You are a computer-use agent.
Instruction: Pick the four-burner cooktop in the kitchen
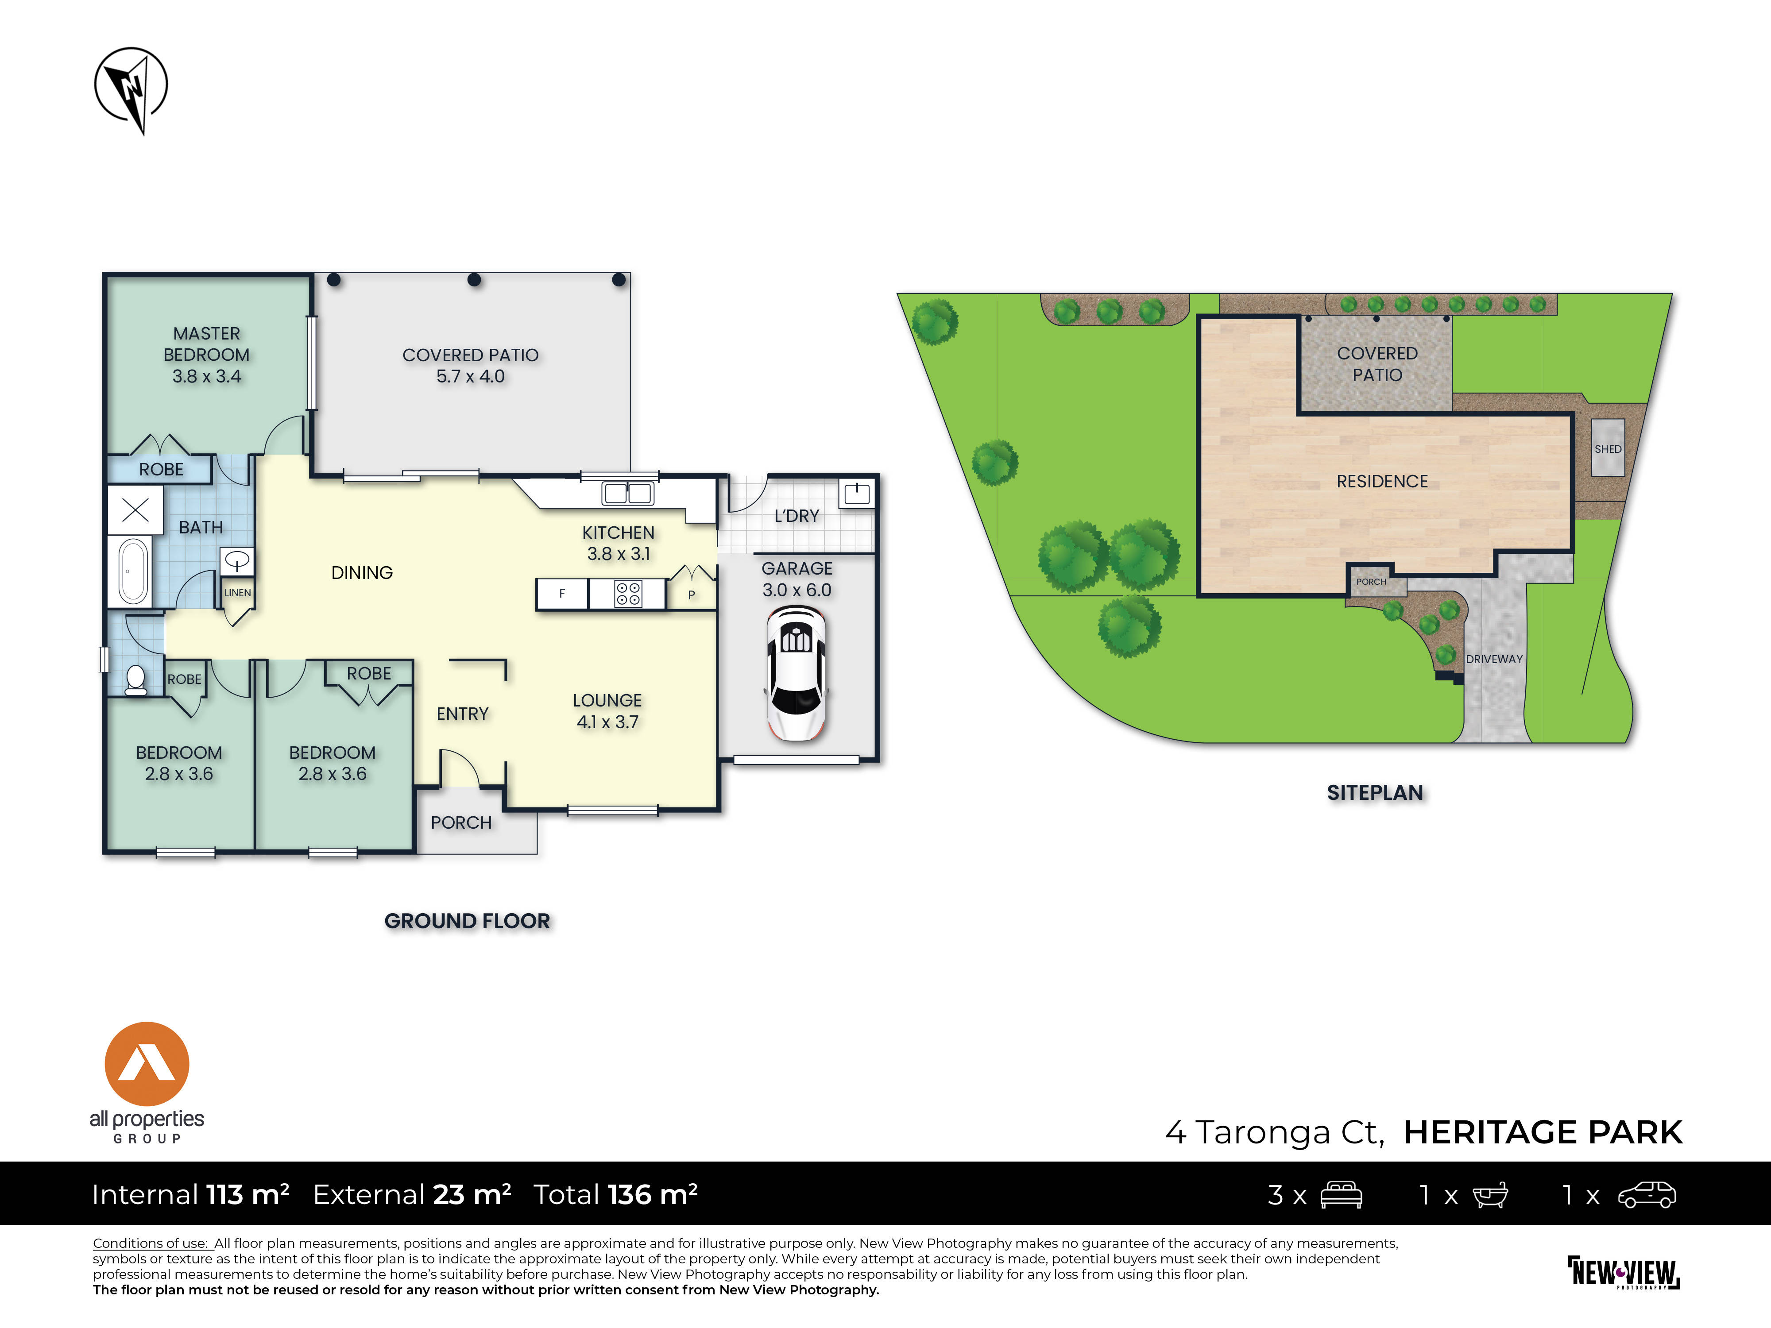click(628, 594)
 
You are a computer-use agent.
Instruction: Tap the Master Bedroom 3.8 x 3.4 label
click(207, 355)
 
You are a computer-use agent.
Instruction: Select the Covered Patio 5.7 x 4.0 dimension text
click(470, 376)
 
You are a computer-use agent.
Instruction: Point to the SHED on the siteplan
click(1608, 448)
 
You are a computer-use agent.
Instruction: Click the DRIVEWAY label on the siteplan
click(1494, 659)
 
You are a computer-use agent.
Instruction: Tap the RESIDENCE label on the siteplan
click(1382, 481)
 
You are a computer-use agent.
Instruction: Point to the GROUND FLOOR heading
click(468, 921)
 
